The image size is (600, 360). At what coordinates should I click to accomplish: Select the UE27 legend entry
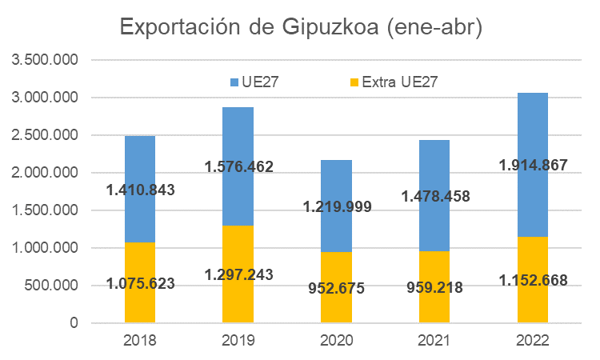(254, 81)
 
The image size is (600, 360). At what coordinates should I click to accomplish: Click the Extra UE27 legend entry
(394, 81)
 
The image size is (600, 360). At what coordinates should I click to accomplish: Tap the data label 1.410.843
(140, 190)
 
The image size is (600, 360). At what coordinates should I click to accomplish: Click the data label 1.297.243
(238, 274)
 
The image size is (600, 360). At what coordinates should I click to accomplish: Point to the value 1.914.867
(531, 166)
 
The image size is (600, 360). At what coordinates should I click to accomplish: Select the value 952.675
(336, 288)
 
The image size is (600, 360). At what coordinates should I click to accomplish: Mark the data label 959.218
(434, 287)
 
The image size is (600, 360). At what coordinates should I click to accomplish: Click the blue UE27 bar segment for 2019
(238, 136)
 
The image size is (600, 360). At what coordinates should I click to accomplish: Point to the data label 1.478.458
(434, 196)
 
